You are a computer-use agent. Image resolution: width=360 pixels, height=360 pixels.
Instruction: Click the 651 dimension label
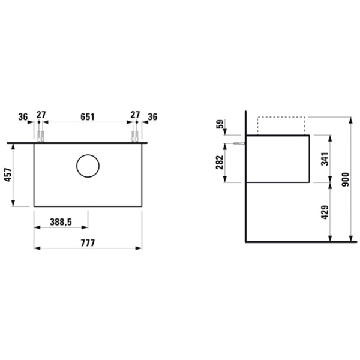[88, 117]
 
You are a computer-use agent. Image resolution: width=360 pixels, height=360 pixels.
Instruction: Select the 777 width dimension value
[88, 242]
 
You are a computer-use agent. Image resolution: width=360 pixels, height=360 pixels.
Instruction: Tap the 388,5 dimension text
[61, 222]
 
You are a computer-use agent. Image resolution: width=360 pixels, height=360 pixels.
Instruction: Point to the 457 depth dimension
[8, 175]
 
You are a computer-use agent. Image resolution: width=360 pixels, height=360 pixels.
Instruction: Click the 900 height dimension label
[346, 179]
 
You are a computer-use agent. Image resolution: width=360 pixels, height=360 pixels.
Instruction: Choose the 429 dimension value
[325, 212]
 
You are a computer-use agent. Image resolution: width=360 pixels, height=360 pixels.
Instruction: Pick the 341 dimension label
[325, 158]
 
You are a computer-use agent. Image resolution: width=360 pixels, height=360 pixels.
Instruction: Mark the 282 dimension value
[219, 163]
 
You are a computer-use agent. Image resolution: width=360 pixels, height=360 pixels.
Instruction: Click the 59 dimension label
[220, 124]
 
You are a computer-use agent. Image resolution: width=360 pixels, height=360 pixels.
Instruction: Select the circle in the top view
[88, 154]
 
